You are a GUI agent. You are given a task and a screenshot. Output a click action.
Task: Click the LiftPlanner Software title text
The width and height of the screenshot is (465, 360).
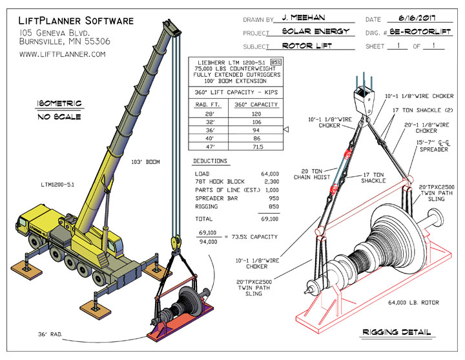click(x=76, y=21)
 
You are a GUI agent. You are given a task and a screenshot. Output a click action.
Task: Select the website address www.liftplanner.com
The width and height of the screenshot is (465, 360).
click(x=62, y=55)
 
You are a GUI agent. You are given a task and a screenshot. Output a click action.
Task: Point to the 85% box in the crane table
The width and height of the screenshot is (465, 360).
click(x=274, y=63)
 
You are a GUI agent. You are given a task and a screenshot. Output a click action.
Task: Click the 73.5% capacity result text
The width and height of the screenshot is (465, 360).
click(x=257, y=236)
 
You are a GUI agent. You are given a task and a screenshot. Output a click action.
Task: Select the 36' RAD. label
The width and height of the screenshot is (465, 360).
click(x=34, y=334)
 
